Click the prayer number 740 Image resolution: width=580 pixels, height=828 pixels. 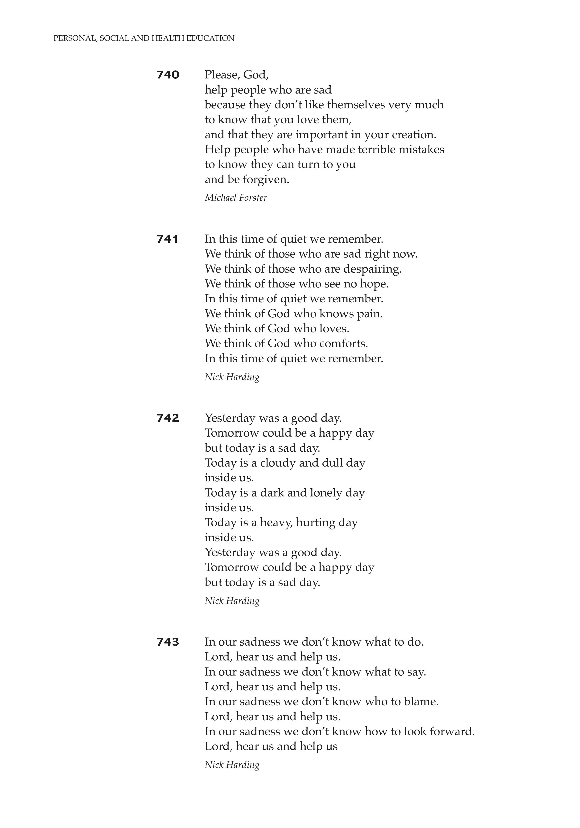168,75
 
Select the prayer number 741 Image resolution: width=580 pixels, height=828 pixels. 167,239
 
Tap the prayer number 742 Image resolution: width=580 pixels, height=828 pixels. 168,418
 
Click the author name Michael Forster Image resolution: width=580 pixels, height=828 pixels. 236,198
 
